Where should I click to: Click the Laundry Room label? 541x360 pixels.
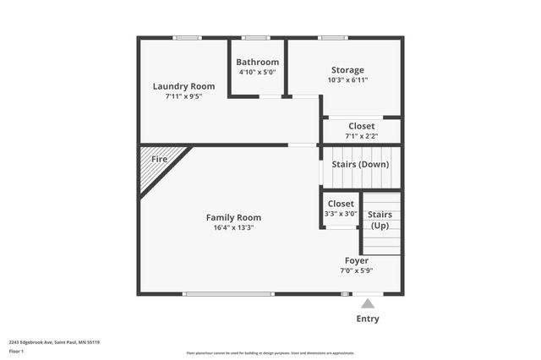click(x=183, y=86)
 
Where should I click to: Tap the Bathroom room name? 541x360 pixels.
click(x=257, y=62)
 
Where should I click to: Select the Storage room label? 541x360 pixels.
click(x=347, y=70)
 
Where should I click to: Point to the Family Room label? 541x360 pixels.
click(x=233, y=217)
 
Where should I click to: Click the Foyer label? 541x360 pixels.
click(x=356, y=260)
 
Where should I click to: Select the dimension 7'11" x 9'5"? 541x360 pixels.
click(x=183, y=96)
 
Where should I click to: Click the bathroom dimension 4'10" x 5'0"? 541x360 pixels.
click(x=257, y=72)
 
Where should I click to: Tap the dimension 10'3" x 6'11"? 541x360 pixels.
click(x=347, y=80)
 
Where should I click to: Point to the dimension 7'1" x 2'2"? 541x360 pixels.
click(x=361, y=136)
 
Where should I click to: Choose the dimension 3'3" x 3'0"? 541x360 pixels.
click(x=341, y=214)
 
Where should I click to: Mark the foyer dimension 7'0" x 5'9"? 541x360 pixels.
click(x=356, y=270)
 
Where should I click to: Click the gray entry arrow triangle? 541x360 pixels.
click(x=368, y=303)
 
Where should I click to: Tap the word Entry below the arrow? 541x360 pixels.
click(x=368, y=319)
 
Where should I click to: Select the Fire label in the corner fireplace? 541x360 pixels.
click(x=159, y=159)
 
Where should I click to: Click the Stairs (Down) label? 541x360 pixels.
click(x=360, y=164)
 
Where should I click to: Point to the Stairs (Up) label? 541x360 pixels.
click(x=380, y=220)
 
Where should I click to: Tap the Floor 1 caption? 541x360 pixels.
click(x=16, y=350)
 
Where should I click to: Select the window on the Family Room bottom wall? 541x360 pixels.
click(x=228, y=294)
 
